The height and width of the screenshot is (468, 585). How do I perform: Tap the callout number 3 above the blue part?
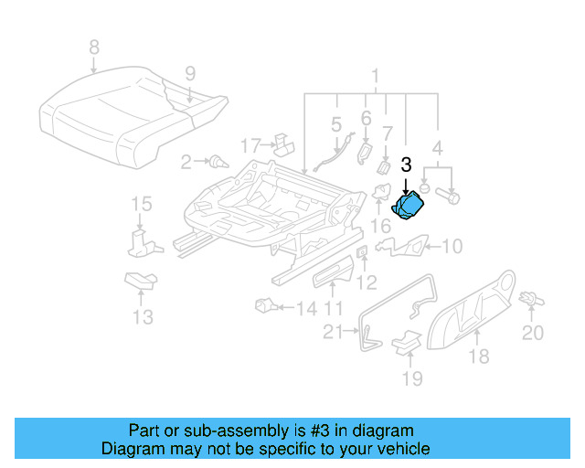[406, 165]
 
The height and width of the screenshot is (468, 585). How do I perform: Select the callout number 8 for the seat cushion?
[92, 47]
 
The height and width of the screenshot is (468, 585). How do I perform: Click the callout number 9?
[190, 73]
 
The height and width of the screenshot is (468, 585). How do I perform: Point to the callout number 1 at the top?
[373, 75]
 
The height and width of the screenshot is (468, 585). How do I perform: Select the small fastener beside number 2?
[217, 164]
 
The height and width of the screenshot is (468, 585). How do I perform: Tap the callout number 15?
[140, 203]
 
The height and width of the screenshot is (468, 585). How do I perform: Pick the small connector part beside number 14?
[265, 305]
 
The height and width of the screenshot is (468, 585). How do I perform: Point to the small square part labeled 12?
[361, 252]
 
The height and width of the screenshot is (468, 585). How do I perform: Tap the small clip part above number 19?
[406, 340]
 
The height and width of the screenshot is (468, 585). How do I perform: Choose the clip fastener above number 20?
[529, 297]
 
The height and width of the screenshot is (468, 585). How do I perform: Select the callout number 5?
[335, 122]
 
